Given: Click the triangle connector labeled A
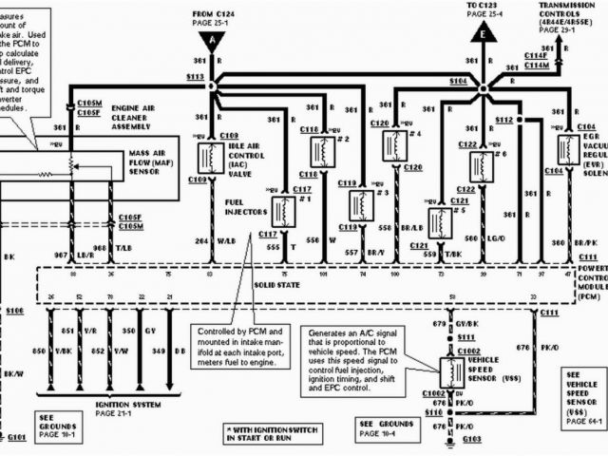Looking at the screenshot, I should coord(211,40).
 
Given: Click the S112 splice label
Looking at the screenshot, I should coord(503,120).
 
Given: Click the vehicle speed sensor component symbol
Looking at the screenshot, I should coord(451,369).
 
